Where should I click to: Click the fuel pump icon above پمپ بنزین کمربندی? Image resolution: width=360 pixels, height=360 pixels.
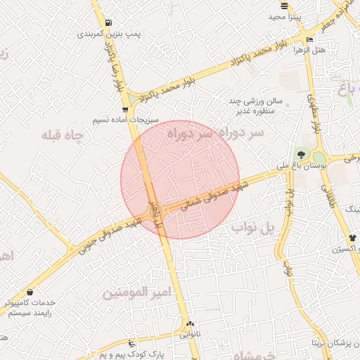pos(108,22)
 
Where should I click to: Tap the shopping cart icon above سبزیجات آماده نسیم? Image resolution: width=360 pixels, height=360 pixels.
pos(125,109)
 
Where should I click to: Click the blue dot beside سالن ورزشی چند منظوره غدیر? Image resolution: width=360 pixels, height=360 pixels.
pos(287,105)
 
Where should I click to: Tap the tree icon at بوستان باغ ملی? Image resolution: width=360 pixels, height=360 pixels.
pos(301,154)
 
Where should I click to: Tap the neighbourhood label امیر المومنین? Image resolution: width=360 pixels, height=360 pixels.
pos(137,292)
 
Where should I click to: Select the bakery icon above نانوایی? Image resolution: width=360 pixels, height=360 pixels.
pos(189,324)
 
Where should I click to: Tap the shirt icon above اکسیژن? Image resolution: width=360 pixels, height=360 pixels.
pos(352,238)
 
